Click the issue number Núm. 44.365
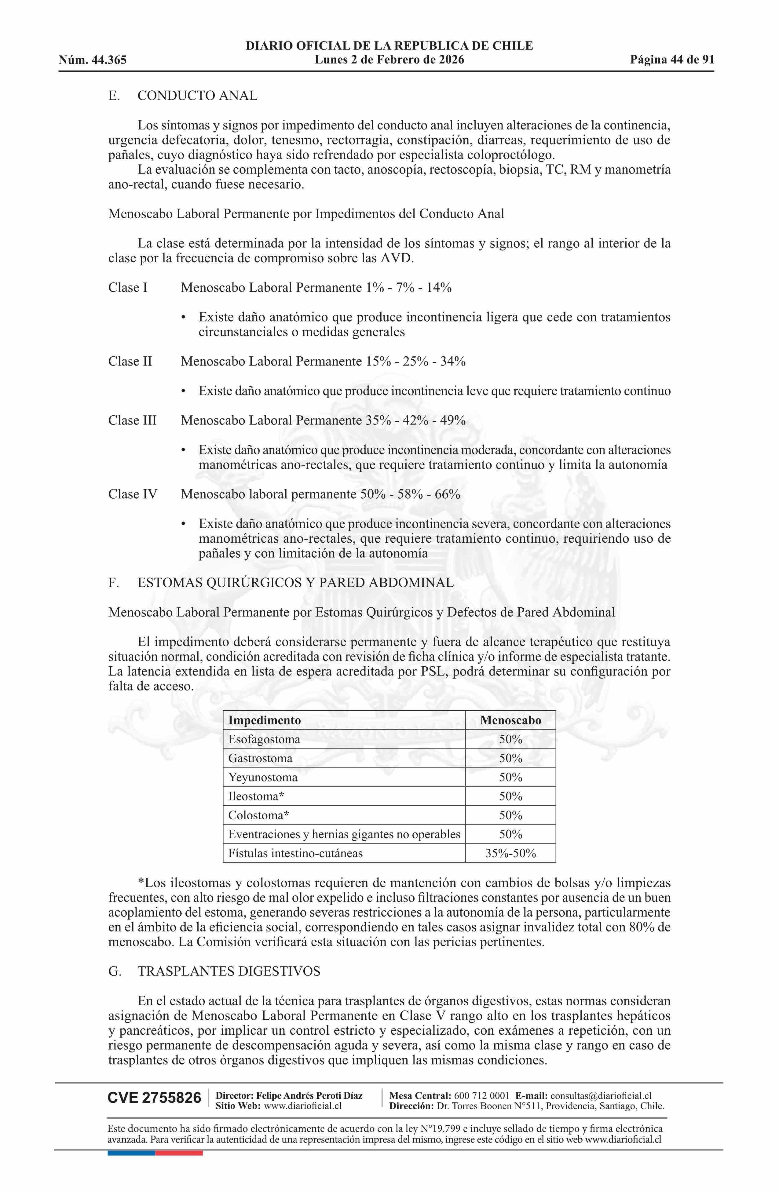93,60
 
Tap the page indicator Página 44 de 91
672,60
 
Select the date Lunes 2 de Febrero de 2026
389,60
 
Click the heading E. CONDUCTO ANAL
183,96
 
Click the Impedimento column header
264,721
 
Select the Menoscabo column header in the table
510,721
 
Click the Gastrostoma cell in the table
260,759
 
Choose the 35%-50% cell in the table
510,854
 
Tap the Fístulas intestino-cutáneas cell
295,854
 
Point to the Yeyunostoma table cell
263,778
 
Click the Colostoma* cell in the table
259,816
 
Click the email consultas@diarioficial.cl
601,1095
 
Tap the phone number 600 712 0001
482,1095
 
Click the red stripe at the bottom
179,1153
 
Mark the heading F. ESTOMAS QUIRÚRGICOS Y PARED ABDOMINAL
281,583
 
